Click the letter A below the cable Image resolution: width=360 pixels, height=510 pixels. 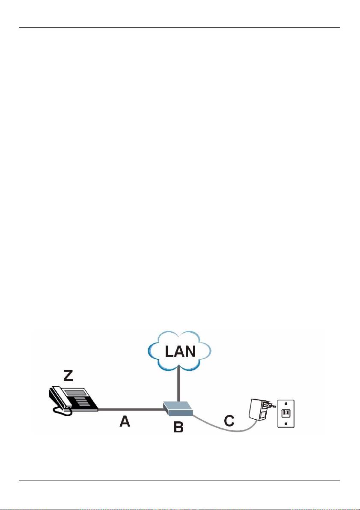pos(125,422)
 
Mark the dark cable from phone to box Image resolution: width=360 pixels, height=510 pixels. pos(131,410)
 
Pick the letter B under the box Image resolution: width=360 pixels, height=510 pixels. pos(178,426)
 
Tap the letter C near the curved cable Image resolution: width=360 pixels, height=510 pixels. pos(229,421)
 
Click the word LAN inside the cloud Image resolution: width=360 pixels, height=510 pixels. pos(181,352)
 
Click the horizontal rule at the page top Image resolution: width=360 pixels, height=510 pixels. pos(179,28)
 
